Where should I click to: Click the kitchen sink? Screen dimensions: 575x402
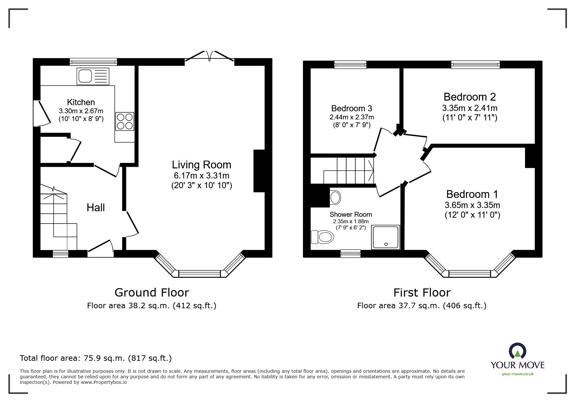click(93, 76)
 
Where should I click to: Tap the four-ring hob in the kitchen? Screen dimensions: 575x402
click(124, 121)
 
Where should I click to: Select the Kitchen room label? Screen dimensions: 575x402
click(81, 102)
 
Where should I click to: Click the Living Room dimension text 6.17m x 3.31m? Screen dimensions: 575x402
click(201, 176)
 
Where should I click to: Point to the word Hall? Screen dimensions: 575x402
click(96, 208)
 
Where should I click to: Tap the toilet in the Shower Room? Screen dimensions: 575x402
click(322, 237)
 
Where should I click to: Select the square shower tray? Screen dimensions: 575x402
click(386, 237)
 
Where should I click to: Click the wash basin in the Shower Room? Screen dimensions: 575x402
click(335, 197)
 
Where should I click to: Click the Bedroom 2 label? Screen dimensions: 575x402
click(469, 97)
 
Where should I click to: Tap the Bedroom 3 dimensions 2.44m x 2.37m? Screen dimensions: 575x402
click(352, 117)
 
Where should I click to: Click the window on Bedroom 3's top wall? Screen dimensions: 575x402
click(350, 65)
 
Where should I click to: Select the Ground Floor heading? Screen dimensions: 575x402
click(152, 293)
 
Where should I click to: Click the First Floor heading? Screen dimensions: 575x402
click(422, 293)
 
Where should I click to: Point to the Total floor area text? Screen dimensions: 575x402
click(96, 358)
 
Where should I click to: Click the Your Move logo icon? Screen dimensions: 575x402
click(518, 352)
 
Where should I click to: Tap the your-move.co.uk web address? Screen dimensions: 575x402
click(518, 374)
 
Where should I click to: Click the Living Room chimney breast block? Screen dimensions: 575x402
click(259, 171)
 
